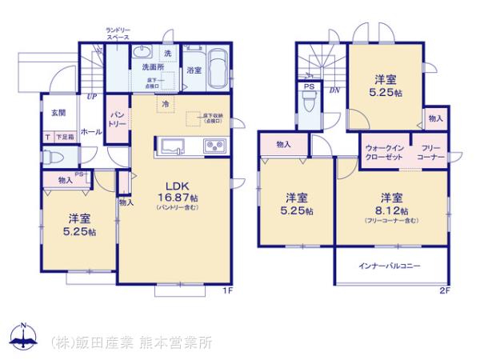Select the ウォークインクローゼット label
click(x=383, y=153)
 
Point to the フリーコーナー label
click(x=430, y=153)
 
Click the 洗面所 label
click(x=153, y=68)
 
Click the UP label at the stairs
click(x=92, y=97)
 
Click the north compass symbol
click(x=23, y=337)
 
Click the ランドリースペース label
click(x=118, y=34)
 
